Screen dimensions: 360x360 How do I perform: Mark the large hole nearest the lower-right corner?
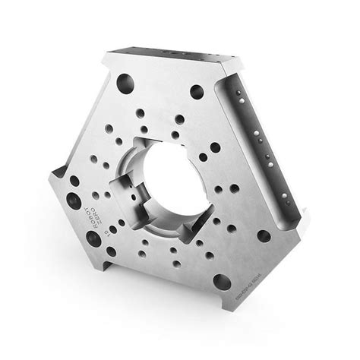click(264, 235)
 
